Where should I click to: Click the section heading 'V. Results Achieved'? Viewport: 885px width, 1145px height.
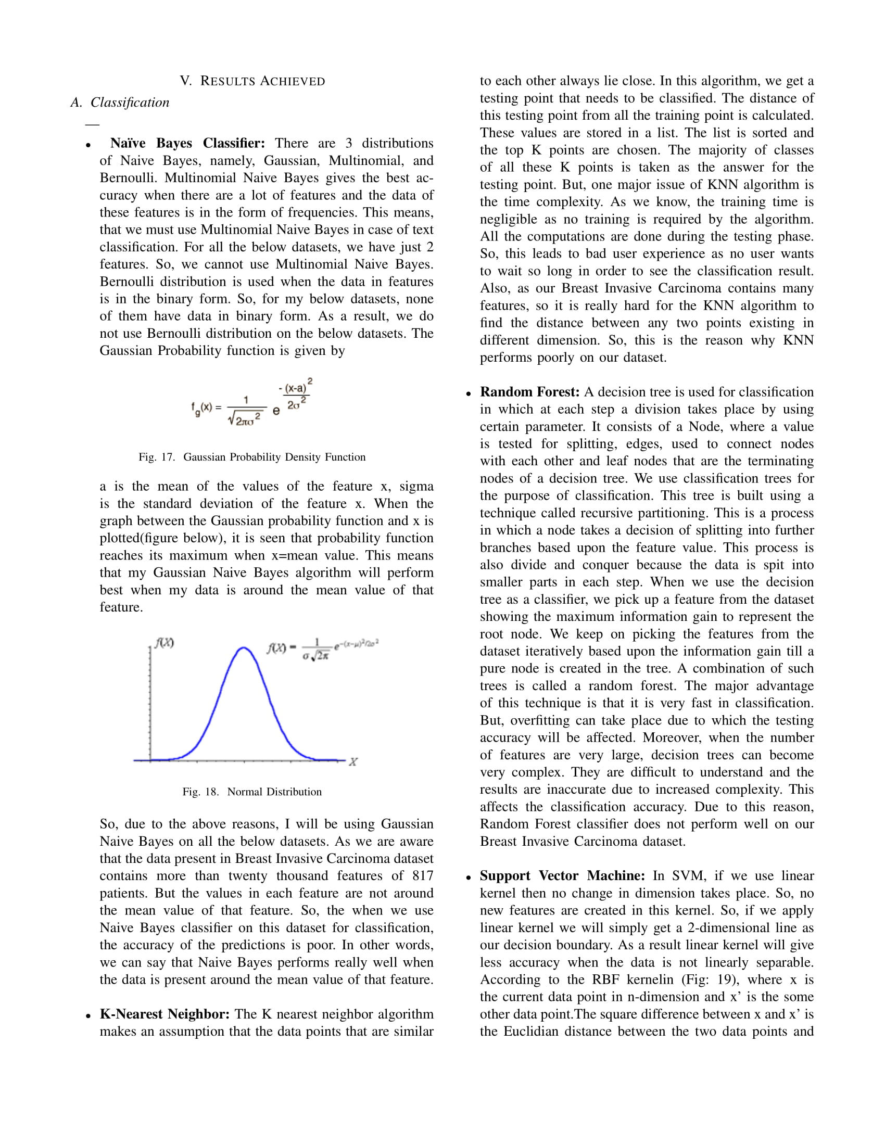click(252, 81)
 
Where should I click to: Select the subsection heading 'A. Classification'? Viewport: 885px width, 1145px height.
click(120, 102)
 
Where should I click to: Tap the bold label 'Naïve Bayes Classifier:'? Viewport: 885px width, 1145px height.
click(187, 143)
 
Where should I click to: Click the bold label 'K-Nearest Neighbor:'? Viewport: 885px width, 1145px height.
click(165, 1014)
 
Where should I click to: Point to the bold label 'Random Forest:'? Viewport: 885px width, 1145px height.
click(529, 391)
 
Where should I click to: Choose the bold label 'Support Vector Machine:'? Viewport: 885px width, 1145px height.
click(563, 875)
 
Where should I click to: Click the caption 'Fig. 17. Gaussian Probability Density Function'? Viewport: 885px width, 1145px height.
click(251, 457)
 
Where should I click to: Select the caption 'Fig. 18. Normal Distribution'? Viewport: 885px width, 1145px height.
click(251, 792)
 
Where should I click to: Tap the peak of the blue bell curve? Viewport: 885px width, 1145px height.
click(243, 648)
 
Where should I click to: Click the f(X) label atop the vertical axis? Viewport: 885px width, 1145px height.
click(164, 643)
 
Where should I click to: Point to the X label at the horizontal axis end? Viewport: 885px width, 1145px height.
click(353, 762)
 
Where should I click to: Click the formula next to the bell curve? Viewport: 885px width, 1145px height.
click(322, 649)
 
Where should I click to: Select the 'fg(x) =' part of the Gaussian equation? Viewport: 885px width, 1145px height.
click(206, 408)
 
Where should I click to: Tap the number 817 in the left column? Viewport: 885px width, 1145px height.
click(423, 875)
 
